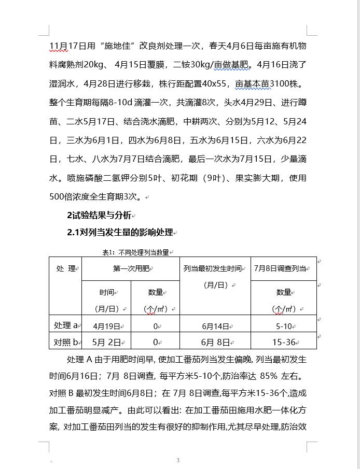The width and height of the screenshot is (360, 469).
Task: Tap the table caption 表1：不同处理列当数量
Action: pos(135,252)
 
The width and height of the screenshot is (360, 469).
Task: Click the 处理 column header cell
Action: pos(65,268)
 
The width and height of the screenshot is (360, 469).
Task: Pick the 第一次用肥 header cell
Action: pos(130,268)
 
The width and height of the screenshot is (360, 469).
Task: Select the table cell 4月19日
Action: pos(106,326)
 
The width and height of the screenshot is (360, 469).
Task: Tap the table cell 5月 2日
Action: pos(106,342)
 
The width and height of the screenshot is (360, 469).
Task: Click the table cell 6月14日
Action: pos(215,326)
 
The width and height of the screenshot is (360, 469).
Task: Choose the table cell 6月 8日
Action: pos(215,342)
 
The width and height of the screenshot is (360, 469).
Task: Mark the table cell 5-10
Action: pos(284,326)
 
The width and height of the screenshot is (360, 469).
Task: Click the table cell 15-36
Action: pos(284,342)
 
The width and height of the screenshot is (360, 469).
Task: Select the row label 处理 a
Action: pos(65,325)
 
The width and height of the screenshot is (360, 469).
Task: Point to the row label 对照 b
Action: pos(65,342)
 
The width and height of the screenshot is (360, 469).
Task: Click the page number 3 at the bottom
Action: pos(178,460)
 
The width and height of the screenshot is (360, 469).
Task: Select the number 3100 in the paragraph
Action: pos(274,83)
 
